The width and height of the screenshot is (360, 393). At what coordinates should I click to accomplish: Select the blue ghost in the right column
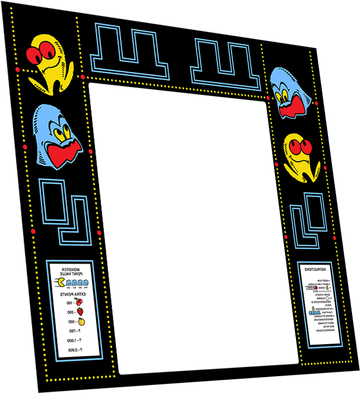tap(291, 92)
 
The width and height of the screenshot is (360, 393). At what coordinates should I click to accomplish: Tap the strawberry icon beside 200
tap(81, 312)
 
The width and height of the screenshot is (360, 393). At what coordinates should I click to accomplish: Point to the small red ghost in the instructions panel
tap(313, 288)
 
